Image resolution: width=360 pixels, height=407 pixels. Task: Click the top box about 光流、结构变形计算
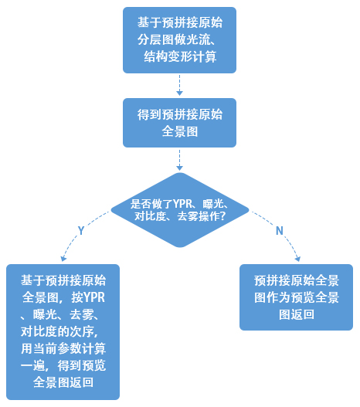179,40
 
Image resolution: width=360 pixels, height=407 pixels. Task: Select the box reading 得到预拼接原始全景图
179,123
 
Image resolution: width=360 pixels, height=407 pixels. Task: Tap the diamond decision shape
180,210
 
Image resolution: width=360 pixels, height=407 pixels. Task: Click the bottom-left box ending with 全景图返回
63,332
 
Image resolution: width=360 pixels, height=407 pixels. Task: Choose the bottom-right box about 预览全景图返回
296,297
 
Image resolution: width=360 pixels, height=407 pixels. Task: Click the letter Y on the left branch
81,230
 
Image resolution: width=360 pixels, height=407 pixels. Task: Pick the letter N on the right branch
280,230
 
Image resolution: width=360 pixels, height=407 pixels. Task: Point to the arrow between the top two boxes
179,85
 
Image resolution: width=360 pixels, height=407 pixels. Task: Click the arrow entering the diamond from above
179,160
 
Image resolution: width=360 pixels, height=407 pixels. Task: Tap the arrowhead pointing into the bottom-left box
63,258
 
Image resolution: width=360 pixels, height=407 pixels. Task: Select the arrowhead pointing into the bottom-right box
297,259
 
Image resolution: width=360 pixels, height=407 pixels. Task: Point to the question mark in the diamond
222,216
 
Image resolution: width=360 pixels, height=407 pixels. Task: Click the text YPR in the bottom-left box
94,297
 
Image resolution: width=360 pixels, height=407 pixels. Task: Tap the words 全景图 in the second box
179,131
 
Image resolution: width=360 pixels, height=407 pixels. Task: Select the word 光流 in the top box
198,39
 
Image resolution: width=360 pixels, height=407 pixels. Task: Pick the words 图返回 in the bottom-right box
297,314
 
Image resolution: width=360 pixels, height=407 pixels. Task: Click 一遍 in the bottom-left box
32,365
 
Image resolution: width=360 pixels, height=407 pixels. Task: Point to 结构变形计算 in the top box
180,56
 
